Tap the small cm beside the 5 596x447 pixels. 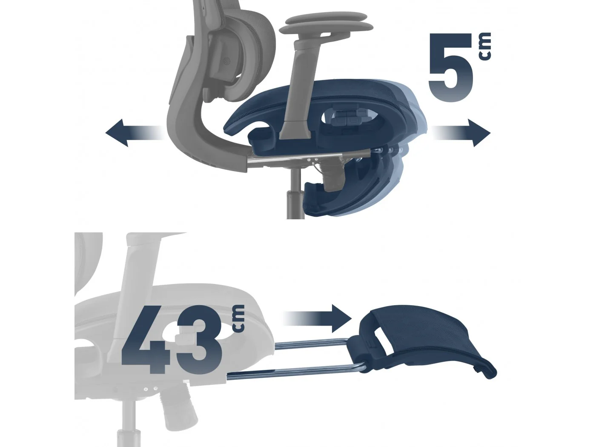point(485,46)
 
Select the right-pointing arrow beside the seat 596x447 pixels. point(461,133)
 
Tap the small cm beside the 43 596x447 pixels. point(238,318)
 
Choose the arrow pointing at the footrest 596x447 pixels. point(318,318)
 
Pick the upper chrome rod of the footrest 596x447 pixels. point(312,343)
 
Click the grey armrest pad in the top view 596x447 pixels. point(326,24)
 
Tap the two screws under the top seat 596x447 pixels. point(312,160)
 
